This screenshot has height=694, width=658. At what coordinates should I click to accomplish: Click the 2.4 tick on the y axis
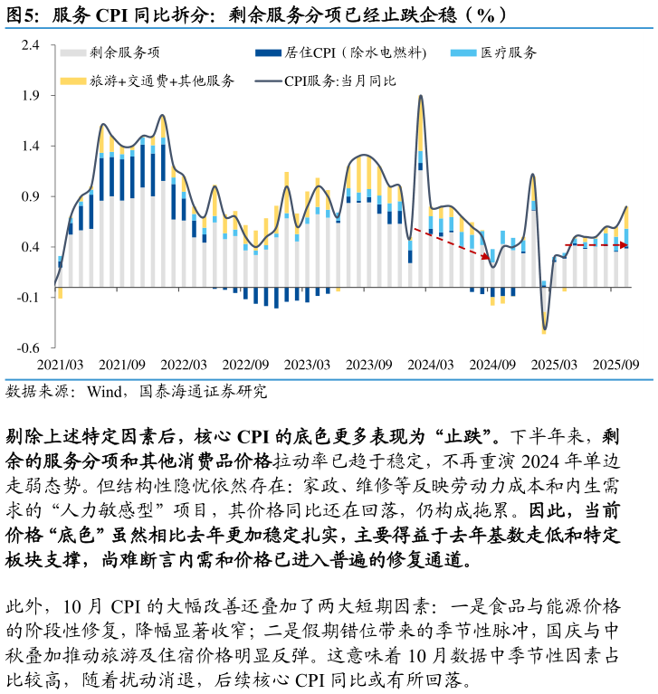tap(32, 45)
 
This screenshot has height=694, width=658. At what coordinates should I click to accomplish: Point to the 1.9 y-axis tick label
tap(32, 96)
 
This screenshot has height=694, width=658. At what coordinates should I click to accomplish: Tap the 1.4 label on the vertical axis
tap(32, 147)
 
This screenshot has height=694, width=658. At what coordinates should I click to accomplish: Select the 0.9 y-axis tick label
tap(32, 197)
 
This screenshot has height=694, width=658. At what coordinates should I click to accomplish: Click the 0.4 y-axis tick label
tap(32, 248)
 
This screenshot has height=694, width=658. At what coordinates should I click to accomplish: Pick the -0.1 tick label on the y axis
tap(30, 298)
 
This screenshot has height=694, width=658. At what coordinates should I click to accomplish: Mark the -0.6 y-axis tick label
tap(30, 348)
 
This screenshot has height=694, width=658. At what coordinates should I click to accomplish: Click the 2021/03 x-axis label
tap(61, 365)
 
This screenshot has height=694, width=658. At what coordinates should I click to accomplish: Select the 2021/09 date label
tap(122, 365)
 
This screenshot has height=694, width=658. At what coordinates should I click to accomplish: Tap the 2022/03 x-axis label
tap(185, 365)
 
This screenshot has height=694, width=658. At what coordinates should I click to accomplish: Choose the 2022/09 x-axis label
tap(246, 365)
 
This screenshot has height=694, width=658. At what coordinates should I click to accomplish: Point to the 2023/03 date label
tap(308, 365)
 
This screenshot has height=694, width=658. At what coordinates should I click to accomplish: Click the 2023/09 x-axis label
tap(369, 365)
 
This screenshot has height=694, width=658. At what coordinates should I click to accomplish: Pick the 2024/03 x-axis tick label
tap(431, 365)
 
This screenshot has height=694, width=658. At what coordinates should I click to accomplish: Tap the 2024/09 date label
tap(492, 365)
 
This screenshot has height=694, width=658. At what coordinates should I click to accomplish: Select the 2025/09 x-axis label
tap(615, 365)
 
